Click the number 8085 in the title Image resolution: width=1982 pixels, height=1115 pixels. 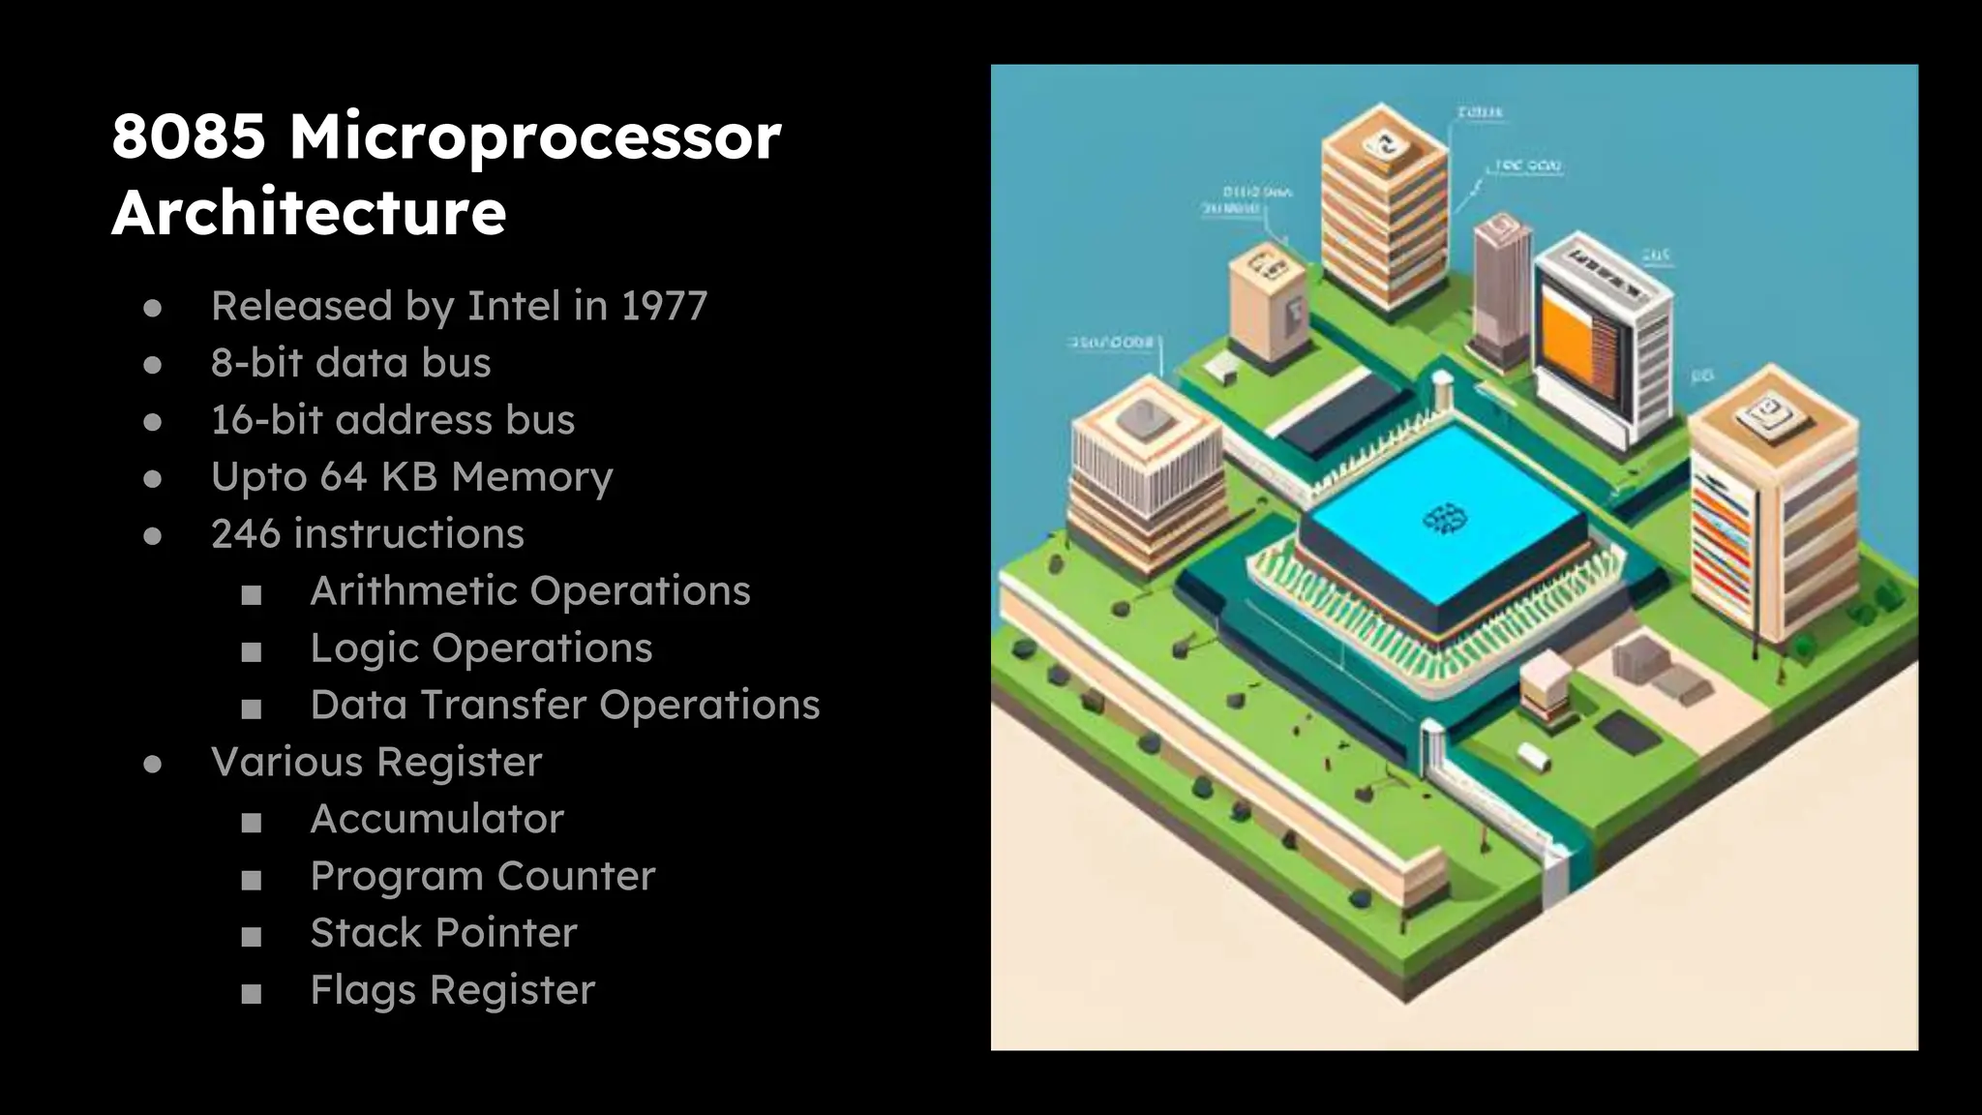point(189,136)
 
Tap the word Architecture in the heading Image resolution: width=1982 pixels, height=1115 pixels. point(309,212)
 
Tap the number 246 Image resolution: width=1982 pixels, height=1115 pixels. point(245,533)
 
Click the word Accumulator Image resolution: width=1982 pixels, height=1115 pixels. point(436,819)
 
